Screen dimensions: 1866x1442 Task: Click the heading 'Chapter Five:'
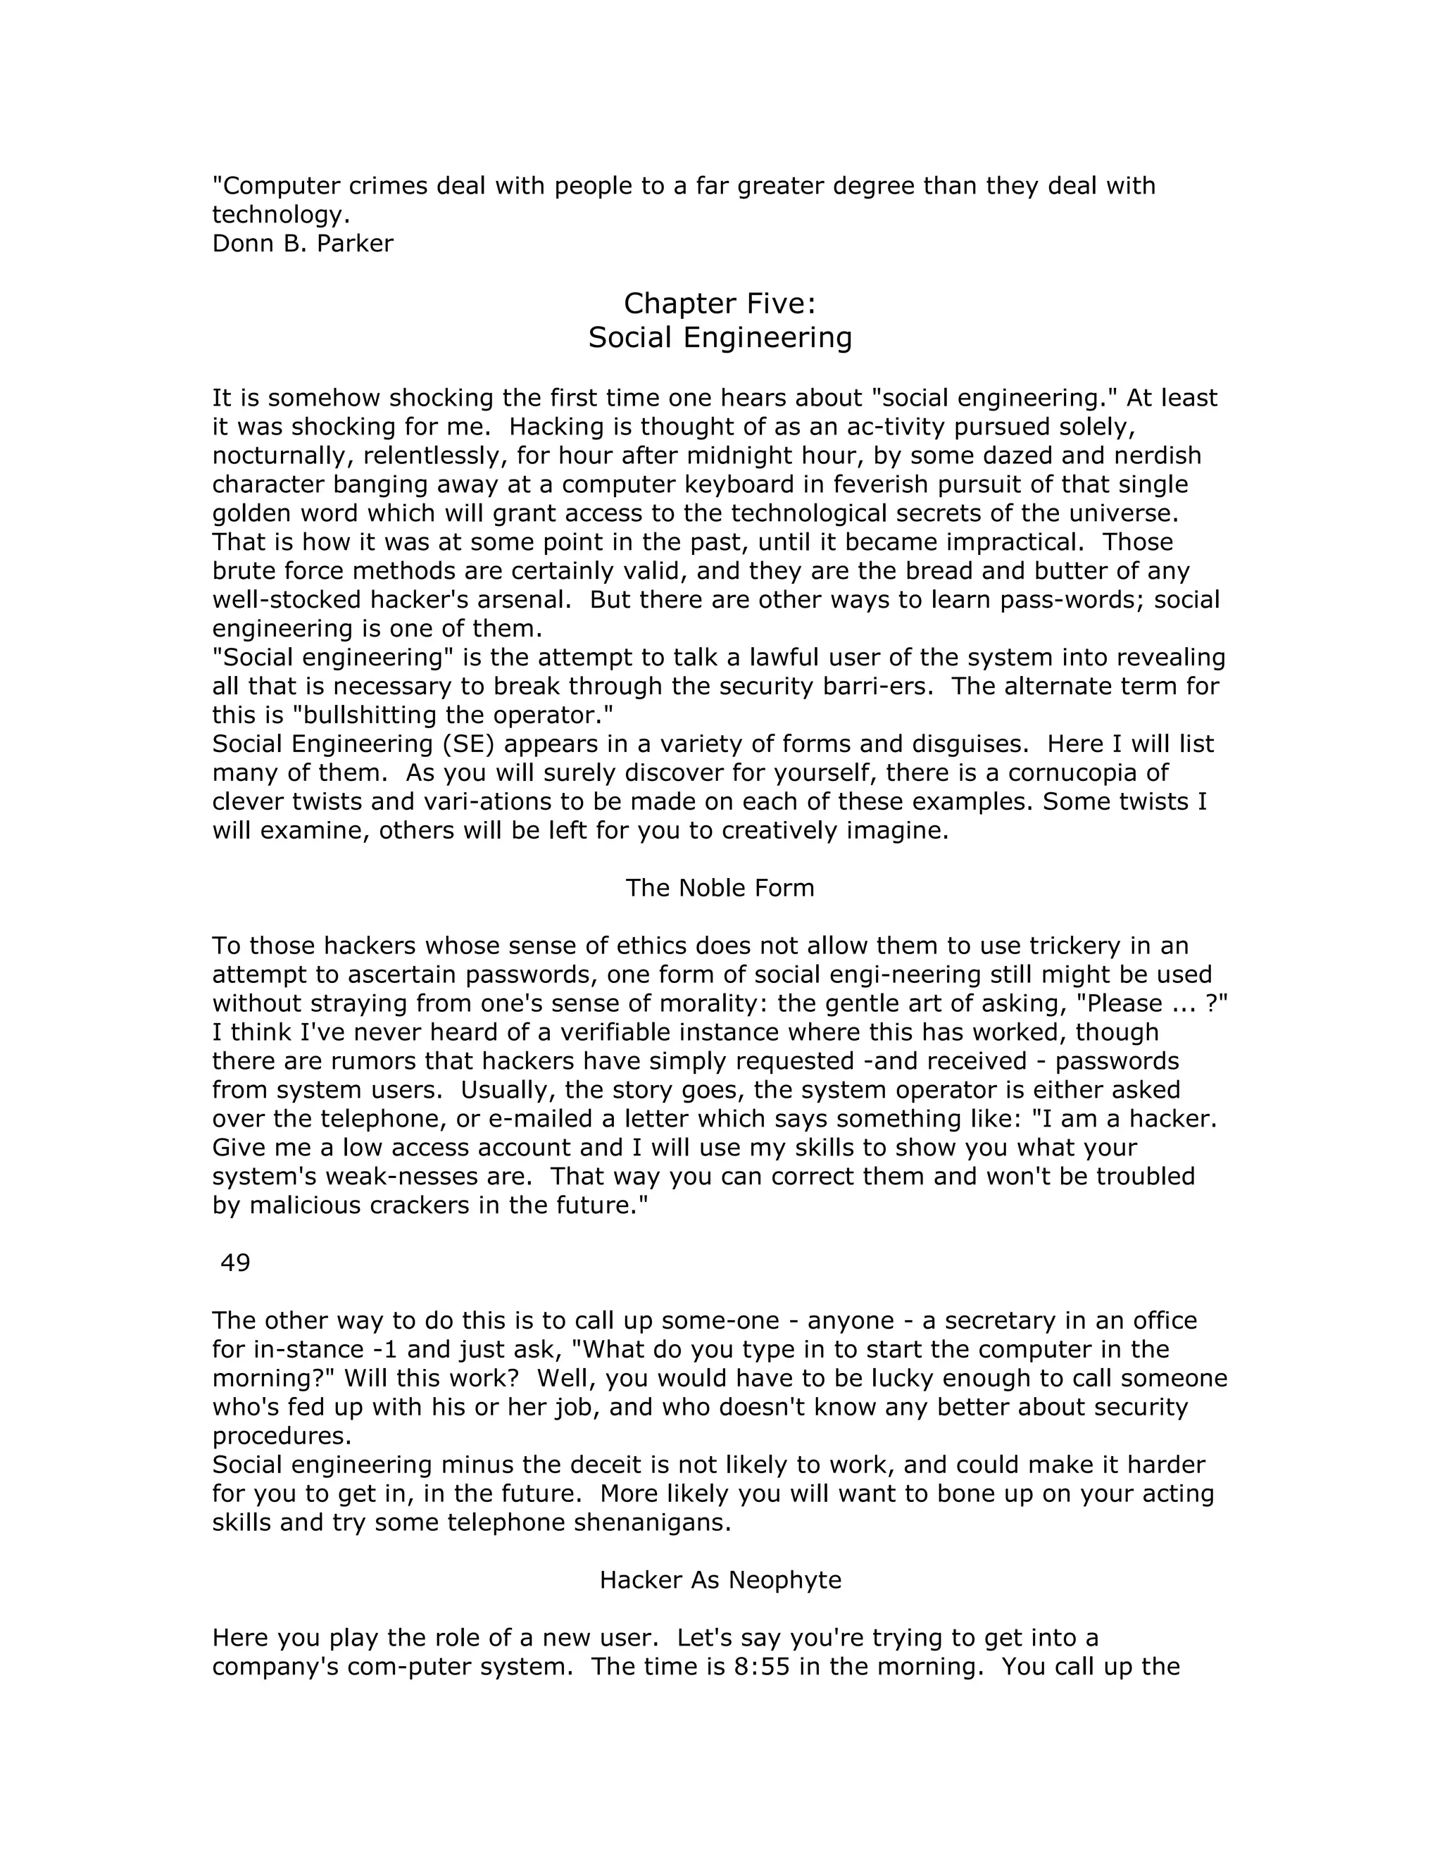pos(720,303)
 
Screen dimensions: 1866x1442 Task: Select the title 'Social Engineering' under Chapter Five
pos(720,337)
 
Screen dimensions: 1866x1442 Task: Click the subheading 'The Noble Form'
pos(720,888)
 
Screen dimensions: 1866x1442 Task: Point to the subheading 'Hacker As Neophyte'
pos(720,1580)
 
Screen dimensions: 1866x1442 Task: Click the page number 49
pos(235,1262)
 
